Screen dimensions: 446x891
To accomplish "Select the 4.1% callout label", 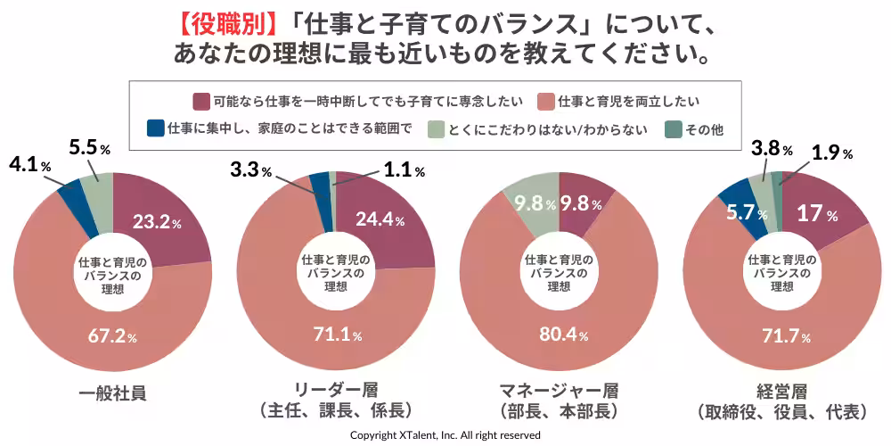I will pos(30,165).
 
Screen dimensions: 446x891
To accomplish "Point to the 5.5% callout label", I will pos(89,148).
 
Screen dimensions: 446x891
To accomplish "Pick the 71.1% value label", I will pos(337,335).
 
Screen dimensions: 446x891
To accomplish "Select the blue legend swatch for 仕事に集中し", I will pos(156,128).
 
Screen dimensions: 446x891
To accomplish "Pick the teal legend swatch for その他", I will pos(674,128).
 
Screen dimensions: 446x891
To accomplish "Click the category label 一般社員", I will pos(112,392).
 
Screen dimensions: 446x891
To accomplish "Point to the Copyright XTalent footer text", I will pos(445,435).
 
